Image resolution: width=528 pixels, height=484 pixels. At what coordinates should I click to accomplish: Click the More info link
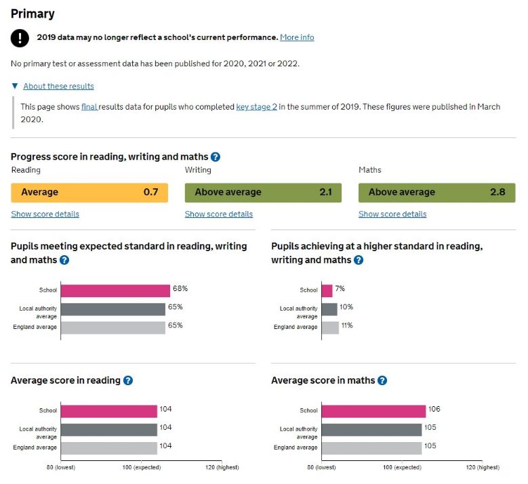[297, 37]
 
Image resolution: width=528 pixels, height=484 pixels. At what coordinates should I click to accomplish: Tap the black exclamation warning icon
[20, 38]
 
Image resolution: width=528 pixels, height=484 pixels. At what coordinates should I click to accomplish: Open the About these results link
[58, 87]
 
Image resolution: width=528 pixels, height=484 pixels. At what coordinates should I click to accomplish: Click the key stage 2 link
[256, 107]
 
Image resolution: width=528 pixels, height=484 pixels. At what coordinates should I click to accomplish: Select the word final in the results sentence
[89, 107]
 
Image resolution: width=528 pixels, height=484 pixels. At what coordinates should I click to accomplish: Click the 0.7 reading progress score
[150, 192]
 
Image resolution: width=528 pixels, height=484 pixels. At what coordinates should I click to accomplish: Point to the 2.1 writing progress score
[325, 192]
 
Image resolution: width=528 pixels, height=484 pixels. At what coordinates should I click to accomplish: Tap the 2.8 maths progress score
[497, 192]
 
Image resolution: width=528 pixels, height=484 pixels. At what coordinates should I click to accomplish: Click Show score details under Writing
[219, 215]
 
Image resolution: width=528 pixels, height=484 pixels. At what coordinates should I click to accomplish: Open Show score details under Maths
[392, 215]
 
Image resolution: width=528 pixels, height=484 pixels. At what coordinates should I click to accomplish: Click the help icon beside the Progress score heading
[216, 157]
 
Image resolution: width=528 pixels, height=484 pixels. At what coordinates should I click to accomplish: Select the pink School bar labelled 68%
[115, 290]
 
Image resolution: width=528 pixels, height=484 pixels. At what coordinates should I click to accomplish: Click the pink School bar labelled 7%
[327, 290]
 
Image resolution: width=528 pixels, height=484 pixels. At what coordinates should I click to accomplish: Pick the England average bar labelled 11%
[330, 328]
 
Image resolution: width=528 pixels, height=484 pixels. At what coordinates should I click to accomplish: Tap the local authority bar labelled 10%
[329, 309]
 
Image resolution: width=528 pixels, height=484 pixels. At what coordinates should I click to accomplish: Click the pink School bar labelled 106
[373, 411]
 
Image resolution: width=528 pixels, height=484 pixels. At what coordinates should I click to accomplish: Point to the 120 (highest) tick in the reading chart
[222, 468]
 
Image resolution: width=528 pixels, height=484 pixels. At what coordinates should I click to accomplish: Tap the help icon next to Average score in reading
[128, 381]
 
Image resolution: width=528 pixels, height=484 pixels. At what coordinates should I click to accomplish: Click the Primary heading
[33, 14]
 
